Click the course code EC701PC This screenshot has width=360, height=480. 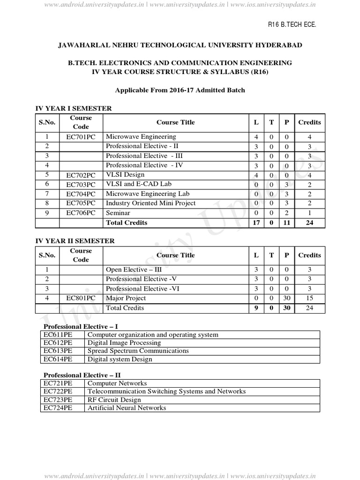pyautogui.click(x=81, y=137)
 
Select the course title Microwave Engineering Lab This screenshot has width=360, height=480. pyautogui.click(x=144, y=194)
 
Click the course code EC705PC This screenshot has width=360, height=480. pyautogui.click(x=81, y=203)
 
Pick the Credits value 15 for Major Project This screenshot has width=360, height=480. pyautogui.click(x=309, y=298)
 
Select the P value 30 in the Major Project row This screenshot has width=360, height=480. pyautogui.click(x=286, y=298)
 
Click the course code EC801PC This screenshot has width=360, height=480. pyautogui.click(x=81, y=298)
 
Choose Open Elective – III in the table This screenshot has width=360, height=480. pyautogui.click(x=132, y=270)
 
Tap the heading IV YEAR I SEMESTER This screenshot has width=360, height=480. pyautogui.click(x=74, y=108)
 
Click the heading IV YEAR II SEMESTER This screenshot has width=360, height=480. pyautogui.click(x=75, y=241)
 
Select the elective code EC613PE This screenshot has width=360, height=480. pyautogui.click(x=58, y=351)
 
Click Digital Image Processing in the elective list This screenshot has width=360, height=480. pyautogui.click(x=124, y=343)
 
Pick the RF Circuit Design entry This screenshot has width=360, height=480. pyautogui.click(x=114, y=400)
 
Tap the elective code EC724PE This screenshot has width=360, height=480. pyautogui.click(x=58, y=408)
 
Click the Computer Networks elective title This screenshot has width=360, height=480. pyautogui.click(x=117, y=383)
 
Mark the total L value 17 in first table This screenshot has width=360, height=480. pyautogui.click(x=256, y=223)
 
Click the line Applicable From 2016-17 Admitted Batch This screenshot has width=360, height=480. pyautogui.click(x=180, y=90)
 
